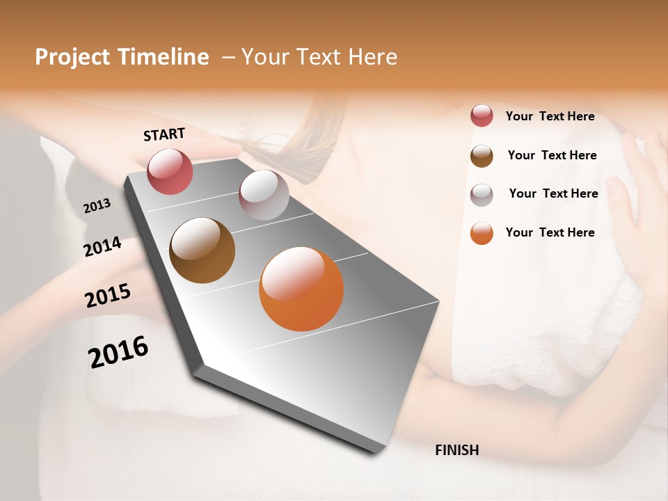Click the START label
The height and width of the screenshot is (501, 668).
click(x=164, y=134)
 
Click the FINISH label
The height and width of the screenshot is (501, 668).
click(x=457, y=450)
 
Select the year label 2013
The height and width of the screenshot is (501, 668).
click(x=97, y=206)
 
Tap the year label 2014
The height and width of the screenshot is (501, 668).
click(x=102, y=246)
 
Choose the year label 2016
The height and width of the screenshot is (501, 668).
click(x=118, y=352)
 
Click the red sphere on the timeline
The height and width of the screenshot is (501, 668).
click(x=170, y=171)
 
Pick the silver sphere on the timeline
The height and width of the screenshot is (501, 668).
click(x=264, y=195)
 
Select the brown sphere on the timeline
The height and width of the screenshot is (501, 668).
click(x=202, y=250)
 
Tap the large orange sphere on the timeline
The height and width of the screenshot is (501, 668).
click(x=301, y=289)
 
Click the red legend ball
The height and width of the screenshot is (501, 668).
click(x=482, y=116)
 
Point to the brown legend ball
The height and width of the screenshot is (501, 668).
click(x=482, y=156)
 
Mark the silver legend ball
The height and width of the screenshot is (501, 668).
click(x=482, y=195)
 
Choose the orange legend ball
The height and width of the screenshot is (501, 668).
click(x=482, y=234)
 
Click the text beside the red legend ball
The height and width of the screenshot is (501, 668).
click(x=550, y=117)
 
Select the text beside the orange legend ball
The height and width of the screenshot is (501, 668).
click(x=550, y=232)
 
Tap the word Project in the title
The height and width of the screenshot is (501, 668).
click(x=72, y=57)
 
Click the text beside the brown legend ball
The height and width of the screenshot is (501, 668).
click(x=552, y=155)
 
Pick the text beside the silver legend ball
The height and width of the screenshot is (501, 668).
click(x=553, y=193)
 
